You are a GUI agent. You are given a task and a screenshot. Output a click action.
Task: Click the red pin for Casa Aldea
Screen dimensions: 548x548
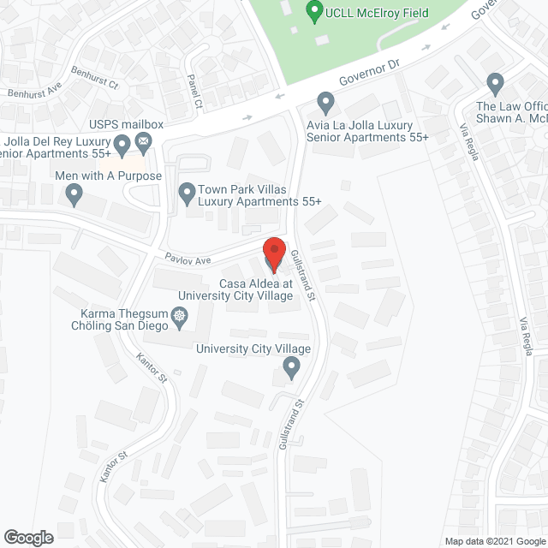tap(274, 252)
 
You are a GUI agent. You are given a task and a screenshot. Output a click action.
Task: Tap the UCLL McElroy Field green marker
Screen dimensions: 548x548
tap(314, 12)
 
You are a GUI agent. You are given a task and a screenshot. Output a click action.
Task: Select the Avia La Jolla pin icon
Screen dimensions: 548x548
tap(325, 103)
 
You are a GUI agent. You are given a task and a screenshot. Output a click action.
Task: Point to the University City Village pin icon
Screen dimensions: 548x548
tap(291, 369)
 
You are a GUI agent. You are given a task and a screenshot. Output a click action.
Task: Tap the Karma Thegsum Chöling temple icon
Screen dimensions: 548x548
tap(181, 320)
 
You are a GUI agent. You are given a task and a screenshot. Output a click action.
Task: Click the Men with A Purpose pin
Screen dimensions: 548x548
tap(74, 195)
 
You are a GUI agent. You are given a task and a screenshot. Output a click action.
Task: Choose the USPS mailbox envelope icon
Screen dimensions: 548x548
tap(144, 140)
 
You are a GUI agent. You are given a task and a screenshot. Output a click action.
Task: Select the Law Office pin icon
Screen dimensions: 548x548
tap(494, 84)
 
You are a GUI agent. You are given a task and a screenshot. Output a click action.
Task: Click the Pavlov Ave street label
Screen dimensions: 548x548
tap(188, 257)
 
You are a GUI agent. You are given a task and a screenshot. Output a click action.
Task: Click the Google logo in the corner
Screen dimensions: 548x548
tap(27, 538)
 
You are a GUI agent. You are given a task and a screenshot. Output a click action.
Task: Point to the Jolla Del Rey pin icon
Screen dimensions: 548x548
tap(122, 143)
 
